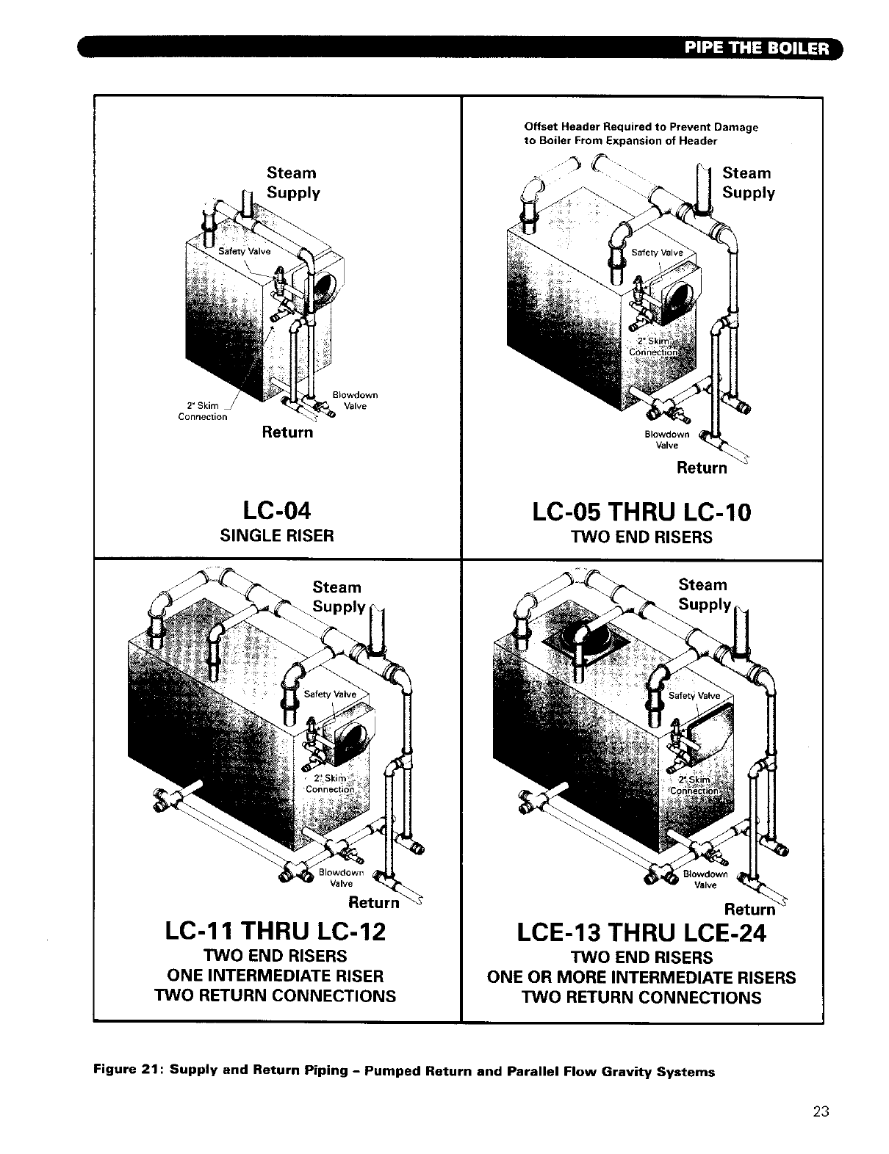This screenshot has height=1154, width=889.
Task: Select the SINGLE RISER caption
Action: coord(277,536)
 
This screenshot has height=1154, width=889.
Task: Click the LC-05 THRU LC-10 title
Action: coord(641,512)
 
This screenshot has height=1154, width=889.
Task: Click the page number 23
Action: coord(821,1111)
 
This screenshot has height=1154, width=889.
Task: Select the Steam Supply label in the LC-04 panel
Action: coord(292,183)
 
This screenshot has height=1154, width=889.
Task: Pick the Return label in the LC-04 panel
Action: coord(287,432)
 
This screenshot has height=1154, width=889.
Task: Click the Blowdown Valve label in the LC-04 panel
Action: coord(355,400)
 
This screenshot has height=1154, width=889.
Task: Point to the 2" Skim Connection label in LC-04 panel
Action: coord(203,411)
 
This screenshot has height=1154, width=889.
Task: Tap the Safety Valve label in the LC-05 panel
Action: coord(657,253)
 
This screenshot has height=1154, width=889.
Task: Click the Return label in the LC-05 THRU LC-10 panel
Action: coord(701,468)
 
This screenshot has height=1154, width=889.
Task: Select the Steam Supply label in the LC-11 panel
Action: coord(338,597)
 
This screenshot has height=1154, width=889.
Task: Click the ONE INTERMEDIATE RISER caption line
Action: coord(276,976)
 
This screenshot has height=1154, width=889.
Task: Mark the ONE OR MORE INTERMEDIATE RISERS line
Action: coord(641,978)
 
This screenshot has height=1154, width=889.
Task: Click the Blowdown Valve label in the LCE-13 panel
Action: coord(705,879)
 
